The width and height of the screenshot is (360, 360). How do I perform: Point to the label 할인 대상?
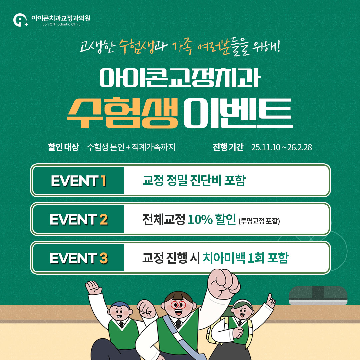(x=63, y=147)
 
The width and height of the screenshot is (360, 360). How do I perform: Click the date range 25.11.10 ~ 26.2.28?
(x=282, y=147)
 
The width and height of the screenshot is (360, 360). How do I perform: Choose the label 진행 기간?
(x=228, y=147)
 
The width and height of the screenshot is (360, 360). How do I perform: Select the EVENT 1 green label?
(x=79, y=180)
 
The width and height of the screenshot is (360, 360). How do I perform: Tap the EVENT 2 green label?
(x=79, y=219)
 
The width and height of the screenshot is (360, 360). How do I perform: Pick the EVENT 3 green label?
(x=79, y=258)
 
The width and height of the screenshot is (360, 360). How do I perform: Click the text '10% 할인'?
(x=212, y=219)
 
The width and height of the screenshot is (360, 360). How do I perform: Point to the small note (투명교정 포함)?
(x=259, y=221)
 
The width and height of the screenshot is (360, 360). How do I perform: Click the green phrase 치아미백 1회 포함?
(x=245, y=258)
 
